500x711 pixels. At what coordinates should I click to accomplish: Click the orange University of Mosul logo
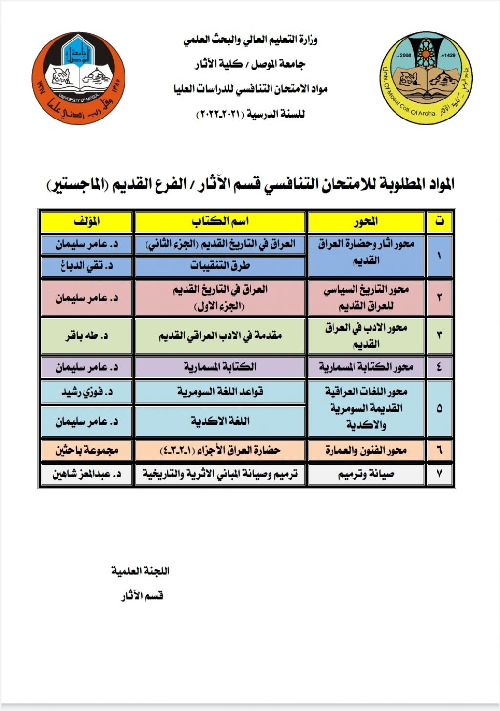(x=78, y=79)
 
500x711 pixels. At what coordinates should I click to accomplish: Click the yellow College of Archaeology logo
(x=425, y=79)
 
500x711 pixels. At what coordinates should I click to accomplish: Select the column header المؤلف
(x=86, y=221)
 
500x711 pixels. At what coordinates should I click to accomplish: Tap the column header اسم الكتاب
(x=220, y=221)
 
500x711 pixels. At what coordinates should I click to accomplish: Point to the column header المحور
(x=366, y=222)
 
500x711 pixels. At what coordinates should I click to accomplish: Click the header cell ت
(x=440, y=222)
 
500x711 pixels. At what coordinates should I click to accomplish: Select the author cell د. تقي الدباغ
(x=86, y=266)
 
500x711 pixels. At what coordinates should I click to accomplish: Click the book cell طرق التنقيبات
(x=220, y=266)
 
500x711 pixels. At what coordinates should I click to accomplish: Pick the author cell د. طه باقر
(x=86, y=336)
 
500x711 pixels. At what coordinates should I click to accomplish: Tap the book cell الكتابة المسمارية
(x=220, y=367)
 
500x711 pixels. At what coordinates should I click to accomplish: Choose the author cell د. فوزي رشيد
(x=86, y=392)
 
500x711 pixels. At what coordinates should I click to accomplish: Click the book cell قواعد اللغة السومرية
(x=220, y=392)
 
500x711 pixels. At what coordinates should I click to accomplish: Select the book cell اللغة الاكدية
(x=220, y=421)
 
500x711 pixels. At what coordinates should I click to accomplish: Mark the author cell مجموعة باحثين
(x=86, y=450)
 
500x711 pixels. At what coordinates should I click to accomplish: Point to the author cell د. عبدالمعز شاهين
(x=86, y=474)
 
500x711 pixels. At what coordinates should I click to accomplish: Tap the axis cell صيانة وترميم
(x=366, y=474)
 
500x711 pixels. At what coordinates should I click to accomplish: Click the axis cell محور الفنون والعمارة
(x=366, y=450)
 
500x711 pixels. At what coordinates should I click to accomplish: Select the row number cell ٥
(x=440, y=408)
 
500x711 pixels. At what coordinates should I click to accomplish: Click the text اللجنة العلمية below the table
(x=141, y=571)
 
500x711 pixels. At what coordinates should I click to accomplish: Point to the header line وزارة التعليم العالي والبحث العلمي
(x=250, y=40)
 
